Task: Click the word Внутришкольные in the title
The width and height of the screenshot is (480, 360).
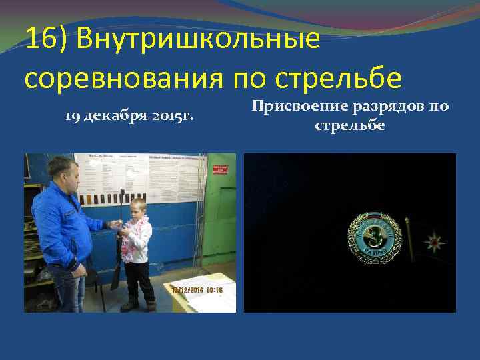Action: tap(199, 41)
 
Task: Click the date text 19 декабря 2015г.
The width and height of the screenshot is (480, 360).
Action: tap(129, 117)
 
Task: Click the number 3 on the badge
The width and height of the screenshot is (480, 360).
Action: tap(375, 239)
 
